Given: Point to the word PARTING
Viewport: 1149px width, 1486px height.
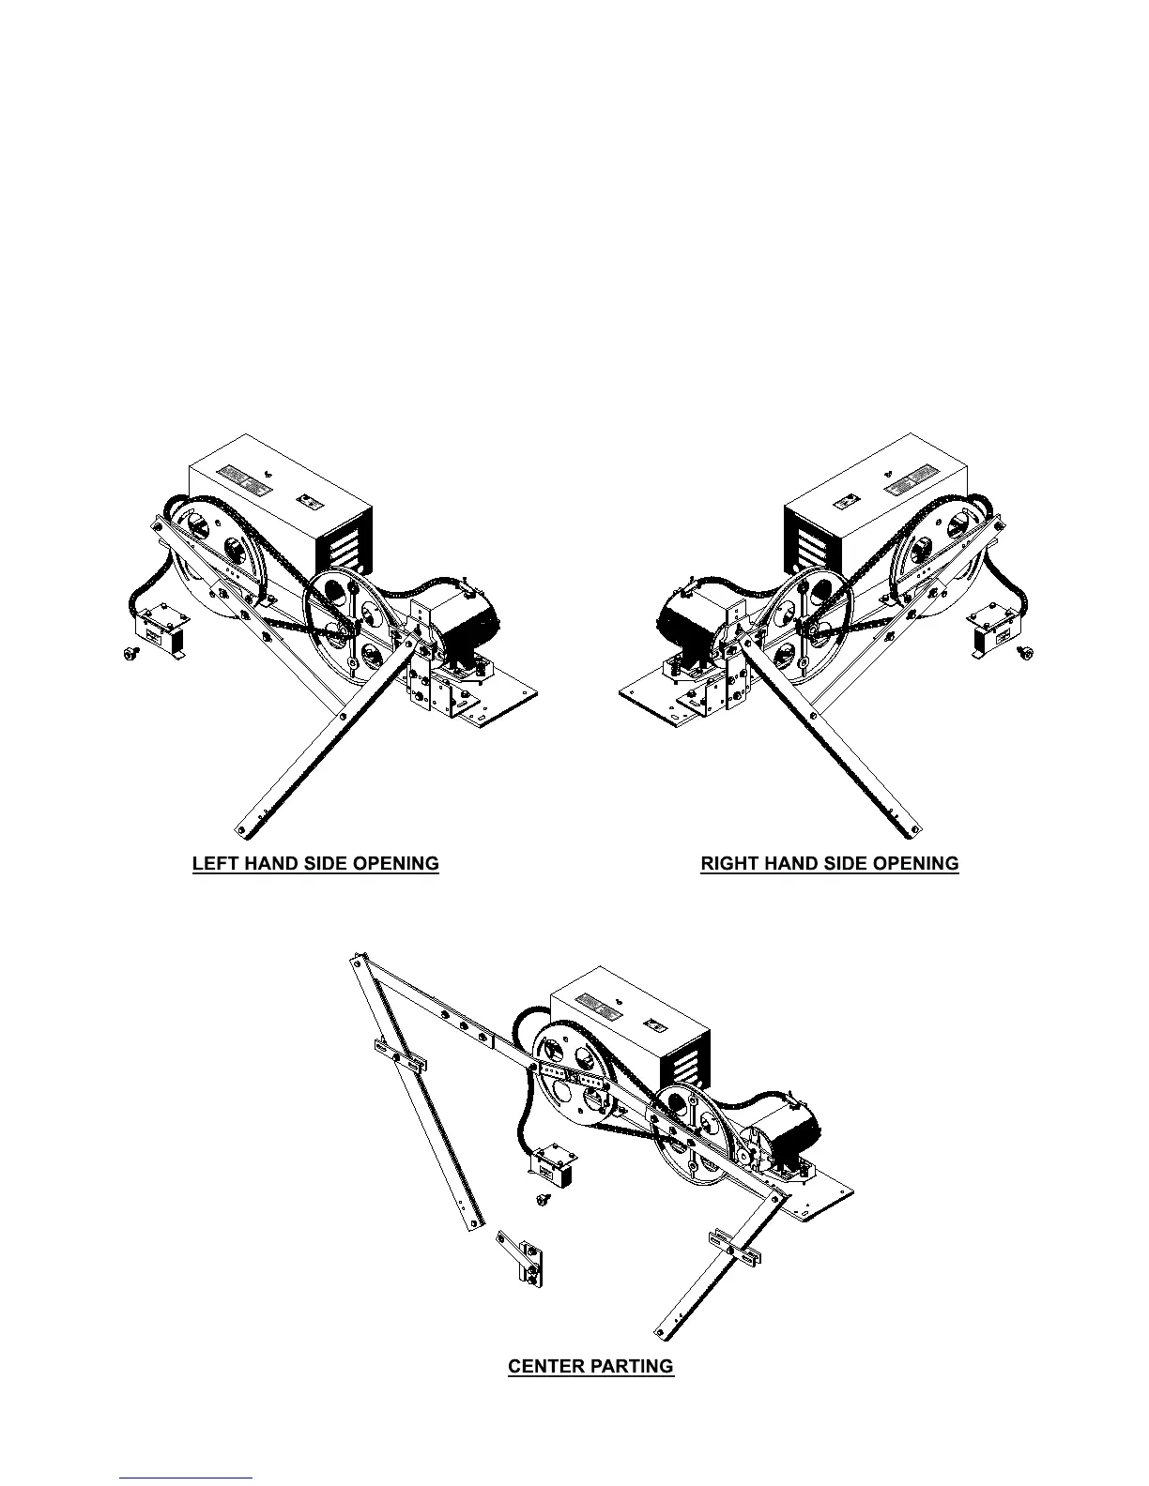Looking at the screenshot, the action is click(634, 1366).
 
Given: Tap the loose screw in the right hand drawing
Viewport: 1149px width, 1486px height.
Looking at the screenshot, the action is click(1025, 652).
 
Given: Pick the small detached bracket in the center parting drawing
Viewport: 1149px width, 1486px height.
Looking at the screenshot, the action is click(522, 1260).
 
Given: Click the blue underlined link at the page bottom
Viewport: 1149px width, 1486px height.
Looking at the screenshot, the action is click(186, 1478).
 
